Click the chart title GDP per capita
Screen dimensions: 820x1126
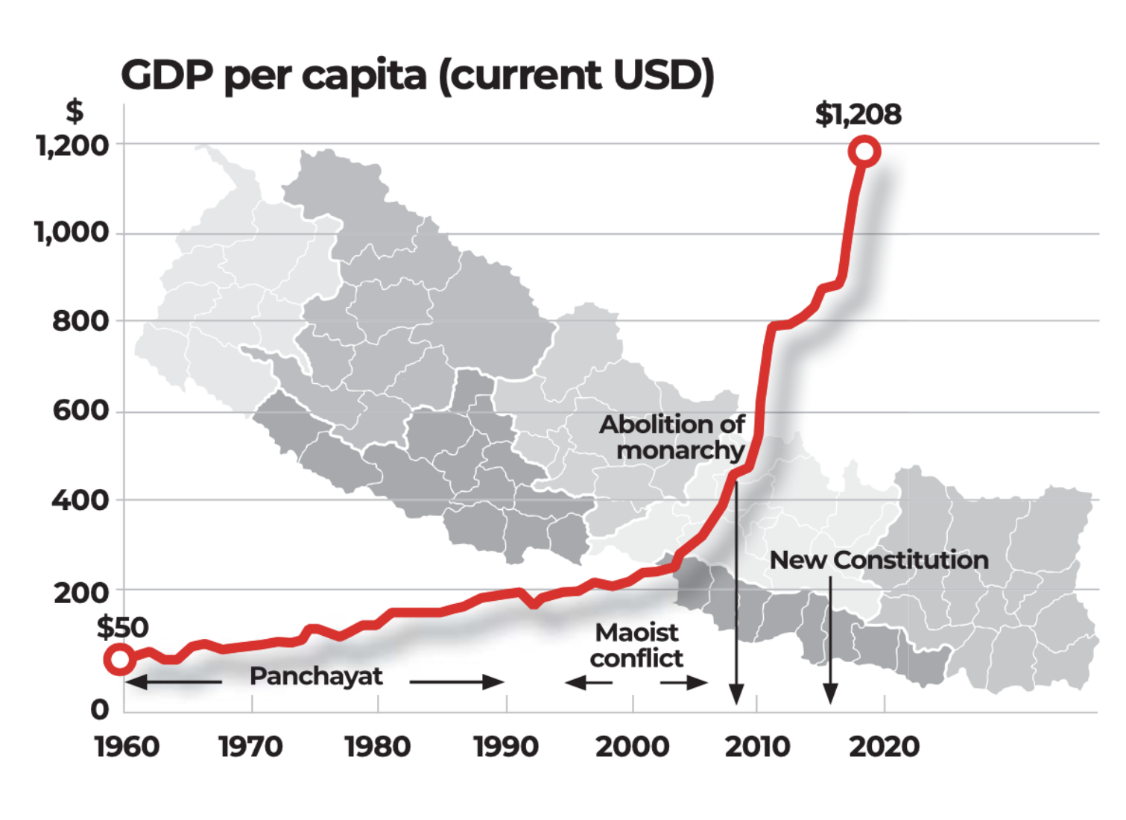coord(417,75)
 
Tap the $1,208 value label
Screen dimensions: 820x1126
coord(858,114)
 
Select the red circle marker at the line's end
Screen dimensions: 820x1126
coord(864,151)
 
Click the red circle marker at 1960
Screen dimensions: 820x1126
coord(119,659)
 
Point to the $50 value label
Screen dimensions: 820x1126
coord(122,627)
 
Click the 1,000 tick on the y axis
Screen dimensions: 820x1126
coord(72,233)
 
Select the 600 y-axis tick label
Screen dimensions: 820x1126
coord(80,410)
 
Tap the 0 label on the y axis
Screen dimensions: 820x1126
coord(100,709)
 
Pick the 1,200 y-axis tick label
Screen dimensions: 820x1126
coord(72,145)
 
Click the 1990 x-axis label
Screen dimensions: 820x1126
coord(506,746)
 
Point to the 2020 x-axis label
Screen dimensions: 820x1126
coord(884,746)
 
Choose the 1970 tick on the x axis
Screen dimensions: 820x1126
coord(250,746)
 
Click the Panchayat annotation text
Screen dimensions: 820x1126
coord(316,676)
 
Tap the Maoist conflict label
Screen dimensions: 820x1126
coord(636,646)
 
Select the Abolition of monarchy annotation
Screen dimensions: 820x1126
coord(673,437)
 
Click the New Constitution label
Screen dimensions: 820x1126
coord(879,560)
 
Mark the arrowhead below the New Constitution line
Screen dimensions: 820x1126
coord(830,695)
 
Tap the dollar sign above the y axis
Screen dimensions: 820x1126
coord(75,112)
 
